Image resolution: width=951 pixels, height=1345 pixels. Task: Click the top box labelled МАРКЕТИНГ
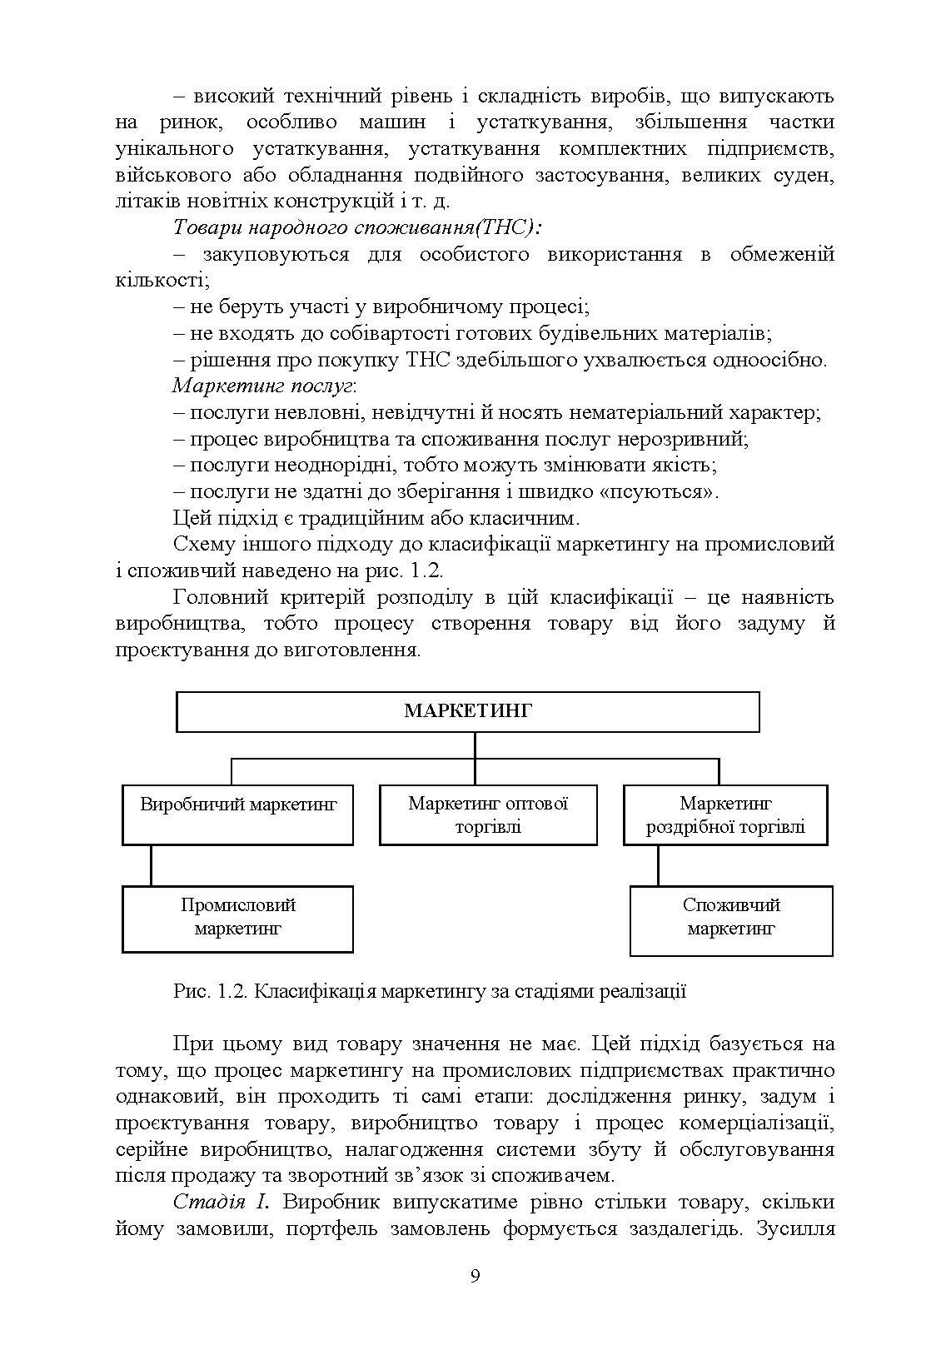coord(467,711)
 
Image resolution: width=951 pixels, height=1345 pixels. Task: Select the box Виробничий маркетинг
coord(237,814)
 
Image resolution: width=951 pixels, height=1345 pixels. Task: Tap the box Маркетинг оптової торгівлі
coord(488,814)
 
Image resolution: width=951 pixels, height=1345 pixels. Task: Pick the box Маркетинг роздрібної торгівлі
coord(725,814)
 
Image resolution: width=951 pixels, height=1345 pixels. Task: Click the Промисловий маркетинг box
coord(237,918)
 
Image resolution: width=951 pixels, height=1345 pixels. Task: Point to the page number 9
coord(475,1277)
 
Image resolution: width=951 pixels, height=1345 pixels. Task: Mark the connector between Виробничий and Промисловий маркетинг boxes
coord(151,865)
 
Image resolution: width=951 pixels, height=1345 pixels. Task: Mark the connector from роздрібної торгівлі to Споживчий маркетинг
coord(658,865)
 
